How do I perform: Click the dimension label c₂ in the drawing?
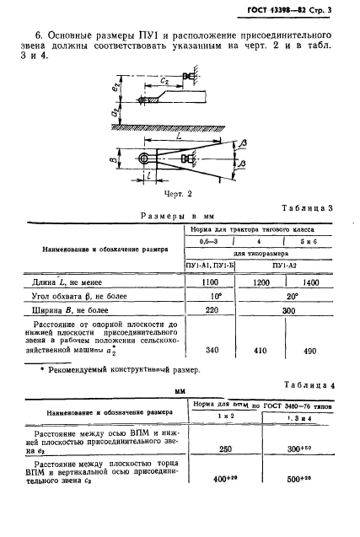(x=168, y=80)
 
